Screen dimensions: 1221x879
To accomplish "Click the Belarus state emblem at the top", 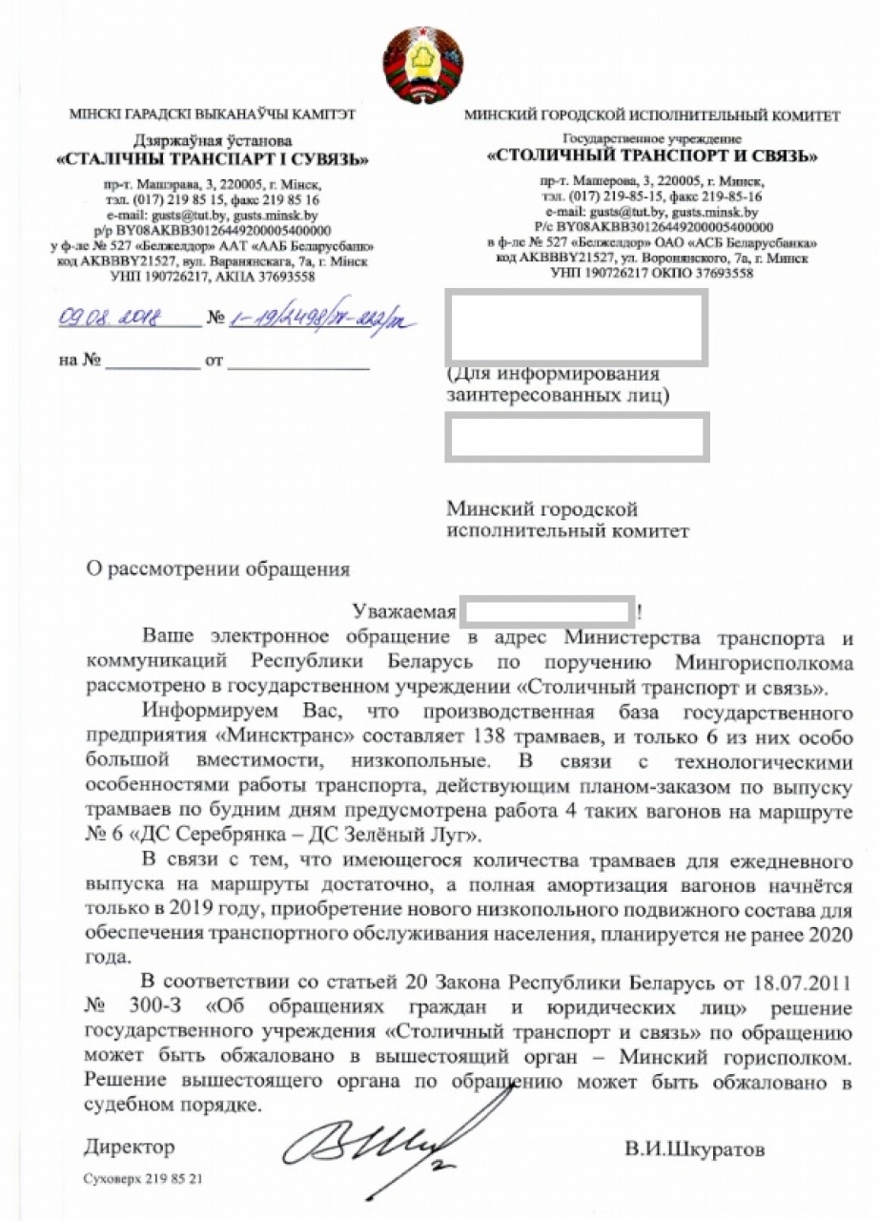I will point(423,65).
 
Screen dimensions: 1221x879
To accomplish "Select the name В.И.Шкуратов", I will point(694,1149).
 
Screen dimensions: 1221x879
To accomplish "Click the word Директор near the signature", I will point(130,1147).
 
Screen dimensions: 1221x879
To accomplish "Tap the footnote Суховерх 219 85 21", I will point(143,1179).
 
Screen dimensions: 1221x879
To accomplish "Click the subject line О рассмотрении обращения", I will point(217,569).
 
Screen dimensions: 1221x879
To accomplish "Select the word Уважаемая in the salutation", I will point(405,610).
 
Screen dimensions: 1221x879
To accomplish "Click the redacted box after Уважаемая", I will point(548,610).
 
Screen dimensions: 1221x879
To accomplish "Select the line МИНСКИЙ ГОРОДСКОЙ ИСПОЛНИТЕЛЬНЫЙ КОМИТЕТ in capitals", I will point(652,116).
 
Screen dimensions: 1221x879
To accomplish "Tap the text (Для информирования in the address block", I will point(554,373).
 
